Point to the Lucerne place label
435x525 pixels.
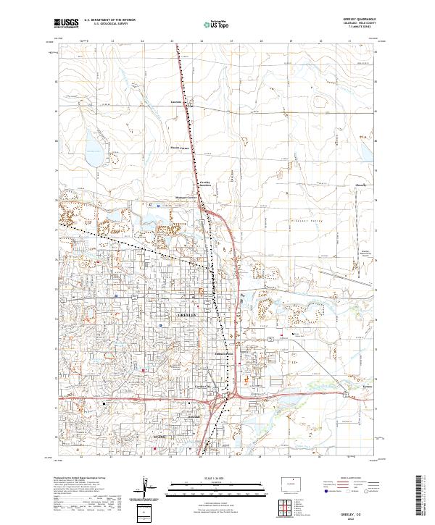[x=174, y=103]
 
